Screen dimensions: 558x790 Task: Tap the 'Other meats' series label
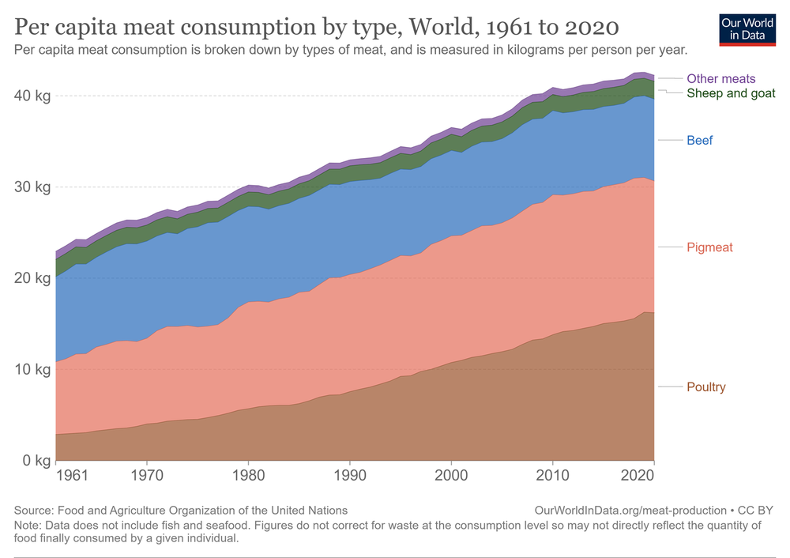pos(720,79)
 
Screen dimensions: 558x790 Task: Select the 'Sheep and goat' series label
pos(731,93)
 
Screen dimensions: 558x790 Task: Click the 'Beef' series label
pos(699,141)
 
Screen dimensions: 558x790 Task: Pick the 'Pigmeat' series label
pos(709,247)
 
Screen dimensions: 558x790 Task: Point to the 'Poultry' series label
pos(705,386)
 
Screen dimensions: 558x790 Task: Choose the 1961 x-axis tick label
pos(71,477)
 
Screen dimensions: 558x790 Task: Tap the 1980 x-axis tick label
pos(248,477)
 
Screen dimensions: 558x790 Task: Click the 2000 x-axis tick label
pos(451,477)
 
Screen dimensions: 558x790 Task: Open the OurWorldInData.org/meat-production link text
pos(630,511)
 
